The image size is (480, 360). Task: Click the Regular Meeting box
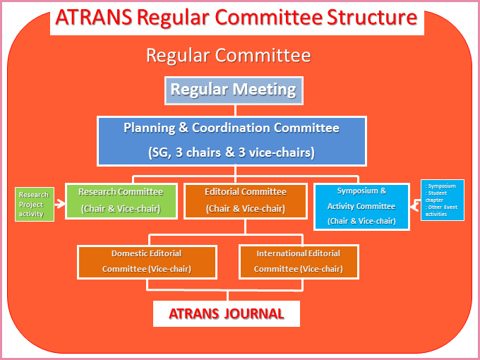(x=234, y=90)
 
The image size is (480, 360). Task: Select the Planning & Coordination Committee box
(x=232, y=141)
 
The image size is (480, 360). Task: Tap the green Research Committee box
(x=121, y=200)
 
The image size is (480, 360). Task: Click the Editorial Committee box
(x=246, y=200)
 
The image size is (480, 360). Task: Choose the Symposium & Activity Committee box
(x=361, y=206)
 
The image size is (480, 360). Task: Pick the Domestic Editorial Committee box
(x=147, y=262)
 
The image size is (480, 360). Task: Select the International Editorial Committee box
(x=299, y=262)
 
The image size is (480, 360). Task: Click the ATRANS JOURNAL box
(x=227, y=314)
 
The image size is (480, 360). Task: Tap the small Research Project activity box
(x=35, y=204)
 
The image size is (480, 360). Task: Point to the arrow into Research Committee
(x=60, y=203)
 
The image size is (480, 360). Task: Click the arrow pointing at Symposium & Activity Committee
(x=415, y=205)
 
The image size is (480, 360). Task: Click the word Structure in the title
(x=371, y=18)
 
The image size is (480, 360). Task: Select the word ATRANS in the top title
(x=94, y=18)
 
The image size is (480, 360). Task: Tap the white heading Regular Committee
(x=229, y=55)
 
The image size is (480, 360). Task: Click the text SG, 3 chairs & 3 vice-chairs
(x=232, y=152)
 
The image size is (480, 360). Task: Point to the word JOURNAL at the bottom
(x=254, y=314)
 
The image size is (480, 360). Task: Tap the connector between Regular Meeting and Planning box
(x=235, y=111)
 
